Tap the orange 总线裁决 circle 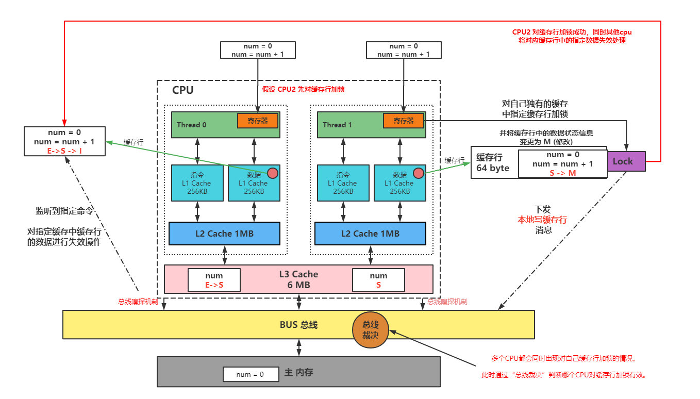(370, 329)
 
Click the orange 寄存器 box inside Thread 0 (257, 121)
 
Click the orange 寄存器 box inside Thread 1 (403, 121)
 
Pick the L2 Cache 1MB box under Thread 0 (224, 234)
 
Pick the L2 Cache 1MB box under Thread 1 (370, 234)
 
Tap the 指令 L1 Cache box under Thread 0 (197, 183)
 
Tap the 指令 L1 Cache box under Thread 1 (343, 183)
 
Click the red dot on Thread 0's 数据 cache (272, 173)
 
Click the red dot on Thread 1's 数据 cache (418, 173)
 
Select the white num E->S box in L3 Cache (214, 280)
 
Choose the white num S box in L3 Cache (378, 280)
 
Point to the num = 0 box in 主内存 (250, 374)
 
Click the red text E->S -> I (64, 151)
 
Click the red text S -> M (562, 173)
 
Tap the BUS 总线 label (298, 325)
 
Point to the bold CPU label (182, 90)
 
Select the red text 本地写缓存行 (542, 220)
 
